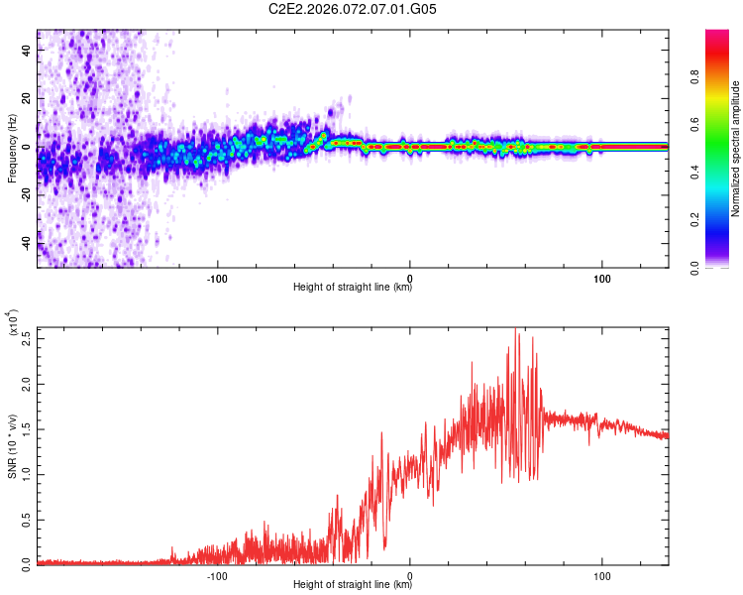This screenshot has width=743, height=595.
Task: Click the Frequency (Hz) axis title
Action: point(12,149)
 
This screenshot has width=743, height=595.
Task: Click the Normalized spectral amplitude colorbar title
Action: point(736,149)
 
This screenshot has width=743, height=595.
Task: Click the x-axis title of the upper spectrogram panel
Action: point(353,288)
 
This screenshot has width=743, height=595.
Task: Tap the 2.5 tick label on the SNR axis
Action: point(25,337)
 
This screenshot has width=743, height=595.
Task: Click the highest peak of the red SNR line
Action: point(515,329)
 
